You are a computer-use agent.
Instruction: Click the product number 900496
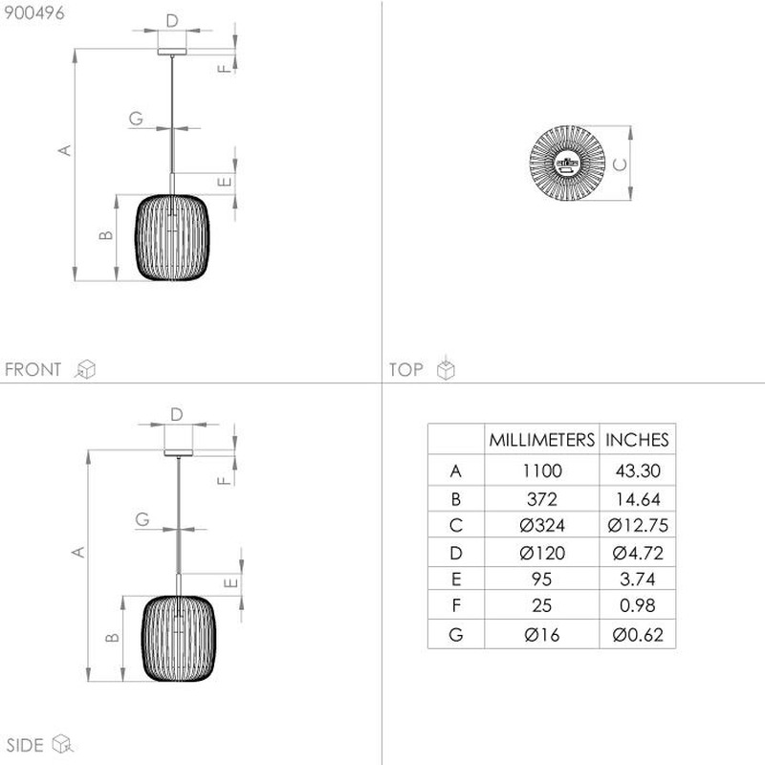coord(34,13)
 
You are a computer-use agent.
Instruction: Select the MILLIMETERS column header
coord(541,440)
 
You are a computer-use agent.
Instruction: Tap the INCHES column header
coord(637,440)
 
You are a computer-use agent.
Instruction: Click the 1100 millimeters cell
coord(542,470)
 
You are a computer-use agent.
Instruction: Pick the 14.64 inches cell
coord(638,499)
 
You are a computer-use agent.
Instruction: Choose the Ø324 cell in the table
coord(542,525)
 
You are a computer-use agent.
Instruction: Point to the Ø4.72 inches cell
coord(638,553)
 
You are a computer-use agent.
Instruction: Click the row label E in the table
coord(456,579)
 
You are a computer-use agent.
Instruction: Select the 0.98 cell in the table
coord(638,605)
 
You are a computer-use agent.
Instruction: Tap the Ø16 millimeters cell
coord(542,635)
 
